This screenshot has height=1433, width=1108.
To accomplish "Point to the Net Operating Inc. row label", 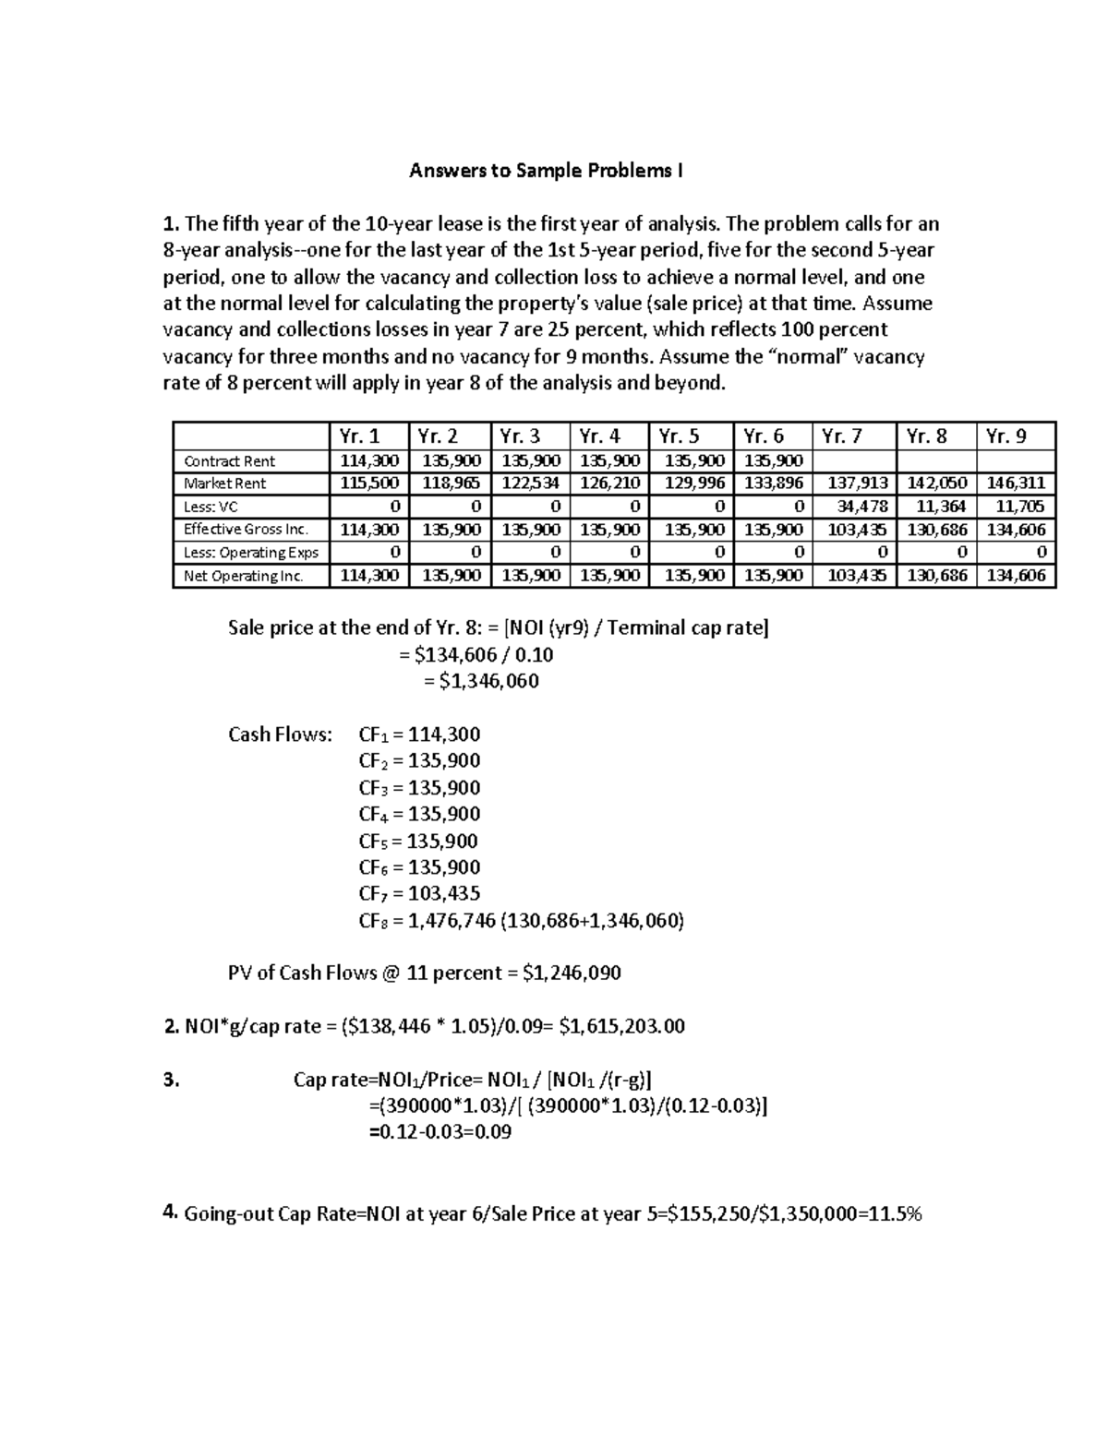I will click(243, 576).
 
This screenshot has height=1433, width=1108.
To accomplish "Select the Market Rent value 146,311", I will click(1016, 484).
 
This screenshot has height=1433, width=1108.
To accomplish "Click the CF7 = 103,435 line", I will click(419, 893).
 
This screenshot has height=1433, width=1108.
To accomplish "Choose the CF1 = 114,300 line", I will click(419, 734).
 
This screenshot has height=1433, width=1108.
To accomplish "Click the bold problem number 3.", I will click(170, 1080).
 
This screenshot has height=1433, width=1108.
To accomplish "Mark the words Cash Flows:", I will click(280, 734).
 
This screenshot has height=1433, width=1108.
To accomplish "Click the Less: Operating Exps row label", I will click(250, 553).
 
